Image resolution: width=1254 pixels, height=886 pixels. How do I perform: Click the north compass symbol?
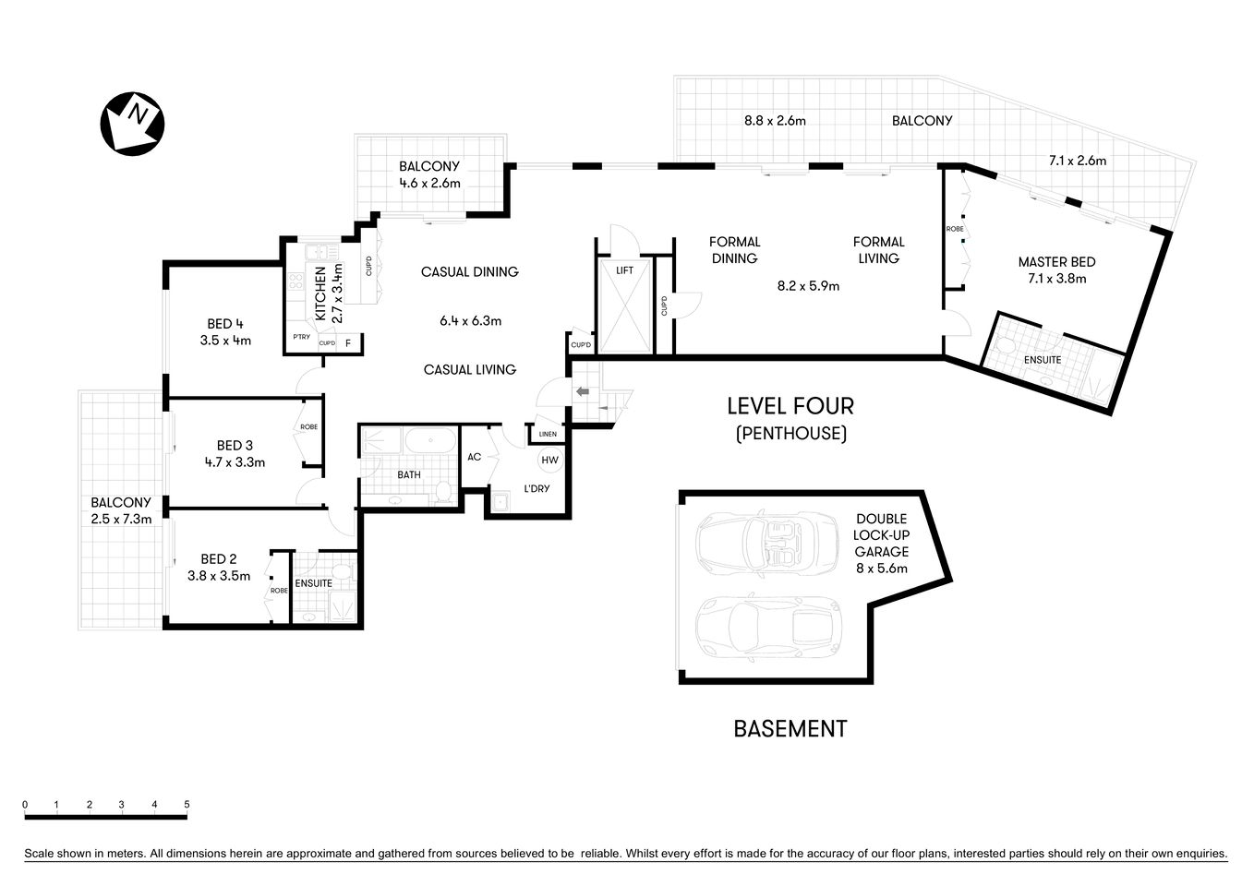coord(132,123)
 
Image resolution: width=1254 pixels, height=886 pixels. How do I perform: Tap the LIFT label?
coord(625,270)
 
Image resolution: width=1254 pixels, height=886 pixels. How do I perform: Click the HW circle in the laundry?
coord(549,460)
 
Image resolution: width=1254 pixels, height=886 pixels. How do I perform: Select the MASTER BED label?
coord(1056,262)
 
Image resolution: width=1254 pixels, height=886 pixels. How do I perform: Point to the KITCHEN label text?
coord(320,293)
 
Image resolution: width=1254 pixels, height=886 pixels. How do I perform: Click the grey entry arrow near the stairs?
coord(583,392)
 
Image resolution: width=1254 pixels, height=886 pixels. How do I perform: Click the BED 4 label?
coord(225,324)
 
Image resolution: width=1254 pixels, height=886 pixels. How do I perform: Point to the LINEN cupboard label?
coord(548,434)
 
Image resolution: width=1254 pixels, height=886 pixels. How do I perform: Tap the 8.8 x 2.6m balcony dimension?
coord(776,121)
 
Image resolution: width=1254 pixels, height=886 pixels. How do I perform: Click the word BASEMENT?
coord(790,729)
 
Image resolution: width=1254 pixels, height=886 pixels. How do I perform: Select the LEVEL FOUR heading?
coord(790,405)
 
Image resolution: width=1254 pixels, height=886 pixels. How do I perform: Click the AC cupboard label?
coord(474,457)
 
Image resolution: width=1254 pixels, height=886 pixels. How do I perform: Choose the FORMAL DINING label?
coord(734,250)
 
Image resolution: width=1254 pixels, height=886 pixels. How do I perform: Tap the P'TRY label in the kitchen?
coord(301,337)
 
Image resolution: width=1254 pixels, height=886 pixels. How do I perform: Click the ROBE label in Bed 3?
coord(308,427)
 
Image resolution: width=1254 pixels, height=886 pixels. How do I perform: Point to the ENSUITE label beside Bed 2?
coord(313,583)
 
